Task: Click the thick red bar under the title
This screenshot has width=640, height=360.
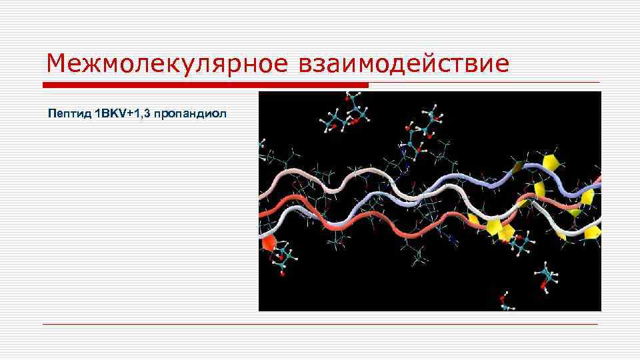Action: (205, 85)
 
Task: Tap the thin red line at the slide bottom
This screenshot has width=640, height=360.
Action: (320, 324)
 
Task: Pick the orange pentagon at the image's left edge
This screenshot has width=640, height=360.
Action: (268, 241)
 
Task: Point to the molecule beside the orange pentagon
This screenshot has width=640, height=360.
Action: (284, 257)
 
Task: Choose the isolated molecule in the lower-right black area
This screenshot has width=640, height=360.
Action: (547, 277)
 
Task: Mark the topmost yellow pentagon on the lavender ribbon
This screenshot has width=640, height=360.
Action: (551, 162)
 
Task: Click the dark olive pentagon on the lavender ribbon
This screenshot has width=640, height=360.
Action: (516, 167)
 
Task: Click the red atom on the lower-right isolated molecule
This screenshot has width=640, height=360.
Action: (543, 287)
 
